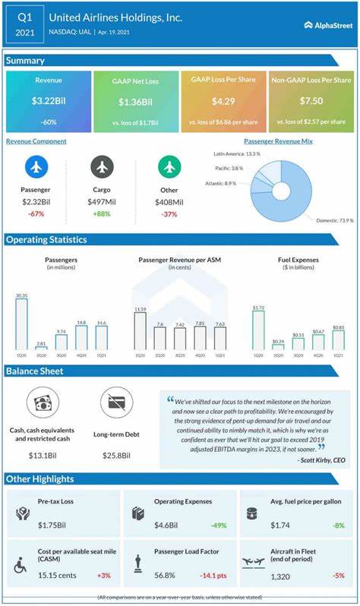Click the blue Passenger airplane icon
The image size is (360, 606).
tap(36, 167)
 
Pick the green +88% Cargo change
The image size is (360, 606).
tap(103, 213)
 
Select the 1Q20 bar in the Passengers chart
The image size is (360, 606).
tap(21, 323)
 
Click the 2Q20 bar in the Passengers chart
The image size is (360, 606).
tap(41, 346)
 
